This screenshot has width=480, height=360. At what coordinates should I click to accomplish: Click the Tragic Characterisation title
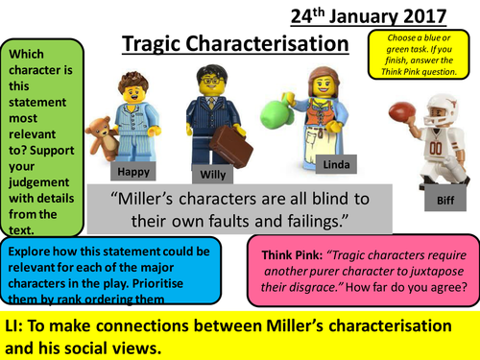[x=236, y=44]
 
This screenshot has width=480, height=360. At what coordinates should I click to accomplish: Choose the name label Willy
[x=213, y=175]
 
